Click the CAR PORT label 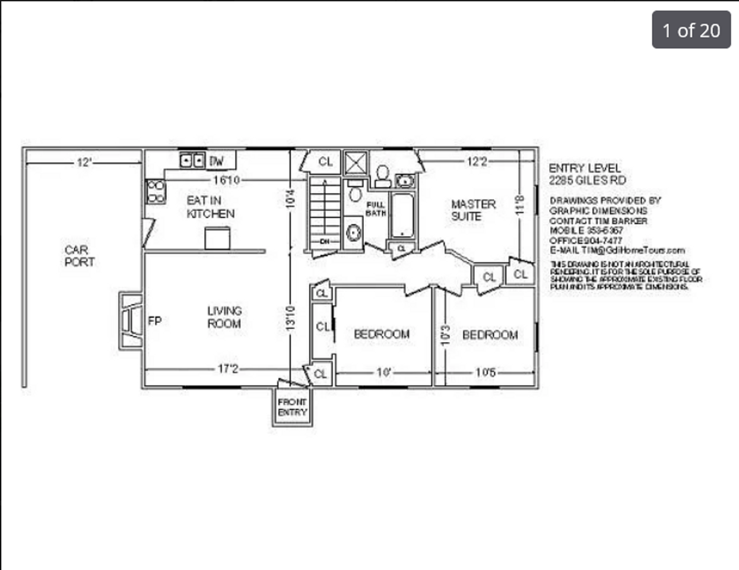tap(80, 256)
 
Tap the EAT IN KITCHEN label tap(210, 207)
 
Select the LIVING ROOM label tap(224, 317)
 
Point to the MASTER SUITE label tap(472, 210)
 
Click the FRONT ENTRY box tap(293, 407)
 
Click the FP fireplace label tap(154, 321)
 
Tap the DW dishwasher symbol tap(217, 160)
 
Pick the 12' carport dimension tap(84, 162)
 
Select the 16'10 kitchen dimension tap(226, 180)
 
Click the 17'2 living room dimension tap(228, 369)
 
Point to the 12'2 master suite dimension tap(477, 161)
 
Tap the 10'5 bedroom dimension tap(485, 373)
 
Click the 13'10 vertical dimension tap(290, 318)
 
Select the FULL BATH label tap(375, 209)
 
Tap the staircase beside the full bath tap(325, 211)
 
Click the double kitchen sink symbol tap(192, 160)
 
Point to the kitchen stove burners tap(156, 192)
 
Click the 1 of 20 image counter tap(691, 30)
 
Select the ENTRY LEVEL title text tap(584, 169)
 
